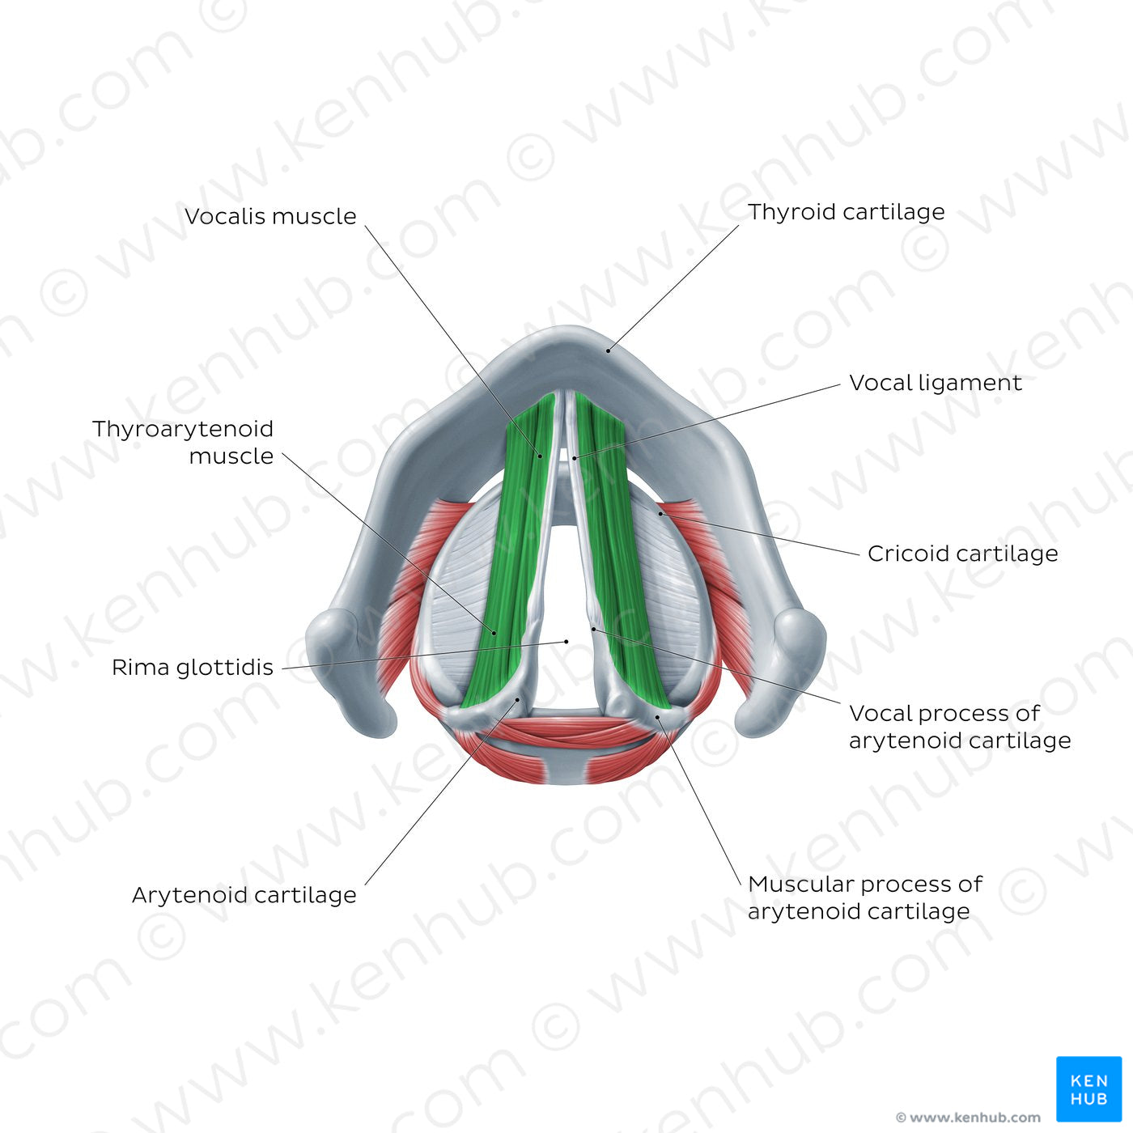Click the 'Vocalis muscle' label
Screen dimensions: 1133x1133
click(x=270, y=216)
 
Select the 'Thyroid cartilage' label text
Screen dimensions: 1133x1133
click(x=846, y=212)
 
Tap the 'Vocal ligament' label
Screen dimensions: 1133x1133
click(x=936, y=384)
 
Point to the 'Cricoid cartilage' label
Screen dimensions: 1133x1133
click(x=962, y=554)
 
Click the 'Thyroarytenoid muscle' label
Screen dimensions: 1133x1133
click(x=183, y=442)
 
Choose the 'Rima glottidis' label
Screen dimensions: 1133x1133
click(x=193, y=668)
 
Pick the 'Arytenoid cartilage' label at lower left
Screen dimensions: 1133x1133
click(x=244, y=895)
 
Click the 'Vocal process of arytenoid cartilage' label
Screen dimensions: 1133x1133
click(x=960, y=727)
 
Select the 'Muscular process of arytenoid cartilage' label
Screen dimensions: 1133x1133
click(x=865, y=897)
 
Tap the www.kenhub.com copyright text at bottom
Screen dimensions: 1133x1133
click(x=969, y=1117)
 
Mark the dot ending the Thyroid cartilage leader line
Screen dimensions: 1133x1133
click(x=609, y=351)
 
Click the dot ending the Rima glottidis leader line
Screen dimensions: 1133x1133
click(x=566, y=642)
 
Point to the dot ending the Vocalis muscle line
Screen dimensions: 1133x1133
click(x=540, y=456)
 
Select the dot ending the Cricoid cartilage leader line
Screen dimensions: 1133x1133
click(x=661, y=514)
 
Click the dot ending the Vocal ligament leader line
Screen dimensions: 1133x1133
click(x=575, y=458)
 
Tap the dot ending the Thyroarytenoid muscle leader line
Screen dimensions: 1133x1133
click(x=494, y=633)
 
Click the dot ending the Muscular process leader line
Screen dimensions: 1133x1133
click(x=657, y=717)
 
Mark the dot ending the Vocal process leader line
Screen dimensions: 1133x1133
click(x=593, y=629)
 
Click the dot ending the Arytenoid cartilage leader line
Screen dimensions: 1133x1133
click(x=518, y=699)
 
